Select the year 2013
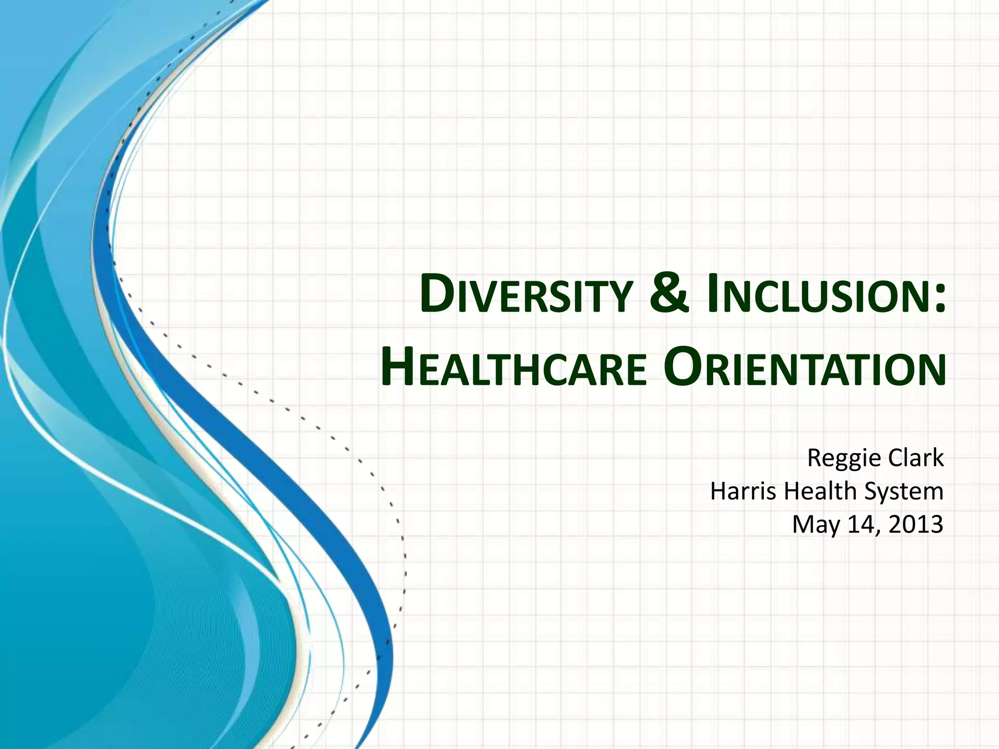[916, 524]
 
